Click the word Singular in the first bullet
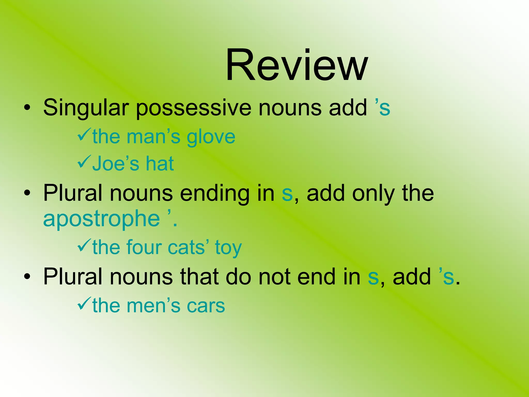(x=86, y=108)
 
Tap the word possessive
(x=193, y=108)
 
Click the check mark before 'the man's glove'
(x=84, y=136)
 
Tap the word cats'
(x=189, y=247)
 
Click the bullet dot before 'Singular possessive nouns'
(x=27, y=109)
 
